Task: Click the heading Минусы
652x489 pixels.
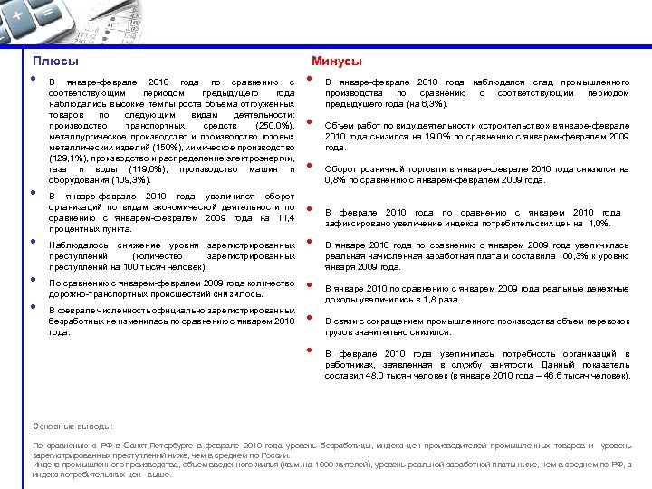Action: (336, 61)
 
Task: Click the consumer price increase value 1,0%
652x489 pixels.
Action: (599, 223)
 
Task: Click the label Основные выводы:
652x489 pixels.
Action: (72, 425)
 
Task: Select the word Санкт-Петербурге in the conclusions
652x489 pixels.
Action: (146, 446)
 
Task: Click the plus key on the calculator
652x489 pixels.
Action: (17, 15)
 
